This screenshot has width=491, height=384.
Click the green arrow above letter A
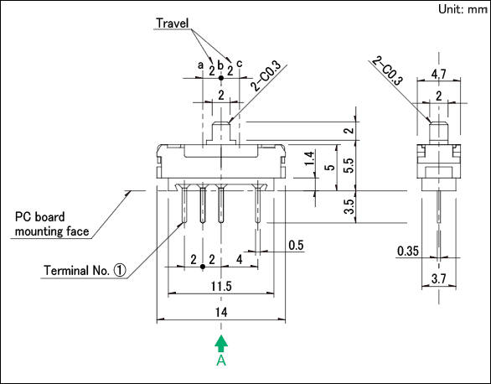pyautogui.click(x=221, y=344)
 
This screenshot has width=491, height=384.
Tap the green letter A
pyautogui.click(x=221, y=361)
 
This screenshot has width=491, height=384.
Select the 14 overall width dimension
pyautogui.click(x=221, y=312)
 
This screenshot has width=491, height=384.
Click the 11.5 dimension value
pyautogui.click(x=221, y=286)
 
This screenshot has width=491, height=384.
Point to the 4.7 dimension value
pyautogui.click(x=439, y=75)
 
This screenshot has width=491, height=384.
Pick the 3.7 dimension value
pyautogui.click(x=438, y=278)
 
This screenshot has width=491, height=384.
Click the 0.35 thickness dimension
pyautogui.click(x=408, y=251)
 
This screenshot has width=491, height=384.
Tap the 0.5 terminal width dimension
pyautogui.click(x=297, y=246)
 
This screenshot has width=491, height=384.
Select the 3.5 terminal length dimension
pyautogui.click(x=349, y=207)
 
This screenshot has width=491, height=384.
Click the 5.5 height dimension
pyautogui.click(x=349, y=165)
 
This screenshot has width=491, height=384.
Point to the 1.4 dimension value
pyautogui.click(x=309, y=158)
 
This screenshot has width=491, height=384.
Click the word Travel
pyautogui.click(x=173, y=23)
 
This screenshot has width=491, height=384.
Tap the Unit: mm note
pyautogui.click(x=463, y=9)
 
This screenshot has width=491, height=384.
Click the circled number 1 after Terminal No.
pyautogui.click(x=120, y=270)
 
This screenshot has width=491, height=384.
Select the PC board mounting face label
pyautogui.click(x=52, y=224)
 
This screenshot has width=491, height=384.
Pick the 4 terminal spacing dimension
pyautogui.click(x=240, y=260)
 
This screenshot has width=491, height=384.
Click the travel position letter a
pyautogui.click(x=200, y=65)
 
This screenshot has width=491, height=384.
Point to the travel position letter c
pyautogui.click(x=240, y=64)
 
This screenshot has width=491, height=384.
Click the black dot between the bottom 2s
pyautogui.click(x=203, y=267)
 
